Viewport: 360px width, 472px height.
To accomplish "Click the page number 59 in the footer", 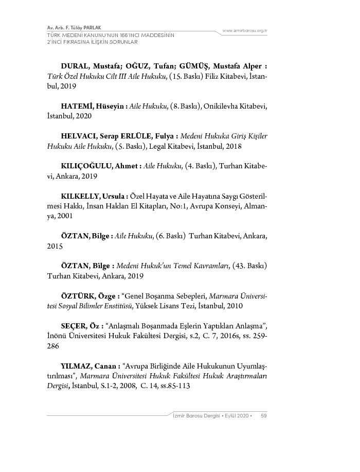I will coord(263,415).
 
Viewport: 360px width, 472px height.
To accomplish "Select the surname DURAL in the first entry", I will coord(76,66).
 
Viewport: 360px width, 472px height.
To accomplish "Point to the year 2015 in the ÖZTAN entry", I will coord(55,246).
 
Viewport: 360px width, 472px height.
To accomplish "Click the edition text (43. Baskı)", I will coord(249,266).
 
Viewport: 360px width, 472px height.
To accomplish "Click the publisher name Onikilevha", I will coord(220,106).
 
